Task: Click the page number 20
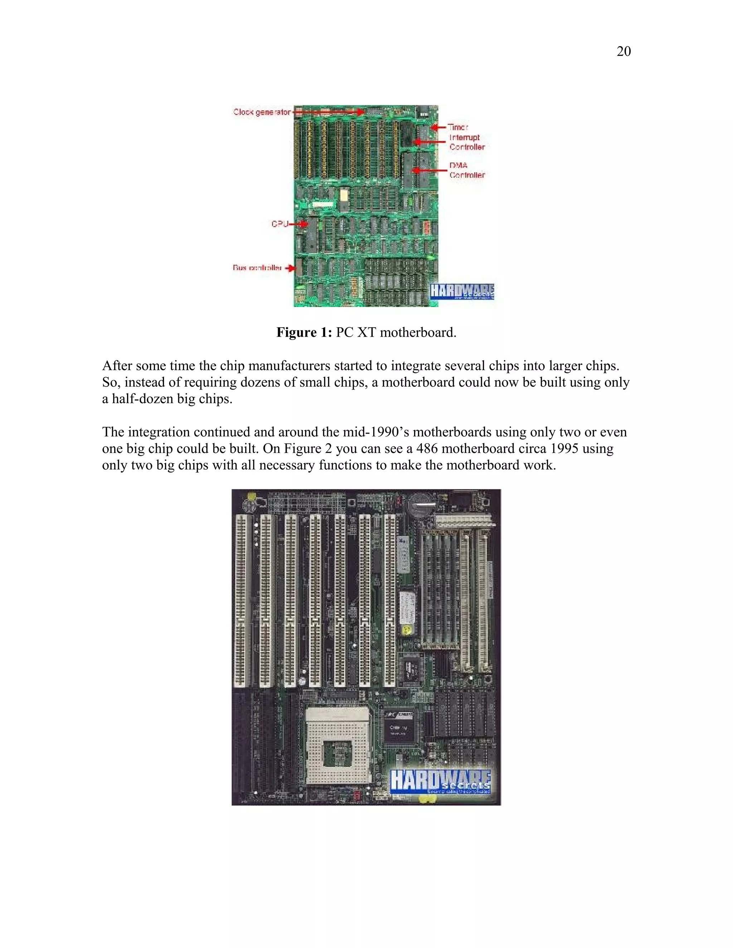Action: (x=623, y=51)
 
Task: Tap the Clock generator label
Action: (x=262, y=112)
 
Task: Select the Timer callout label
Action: (x=458, y=127)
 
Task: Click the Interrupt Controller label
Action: (x=466, y=142)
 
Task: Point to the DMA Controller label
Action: (x=466, y=170)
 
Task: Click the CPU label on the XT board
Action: (x=280, y=224)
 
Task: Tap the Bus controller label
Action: (x=257, y=268)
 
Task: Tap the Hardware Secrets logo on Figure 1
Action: (x=462, y=291)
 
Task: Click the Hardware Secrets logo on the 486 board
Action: (x=440, y=781)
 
